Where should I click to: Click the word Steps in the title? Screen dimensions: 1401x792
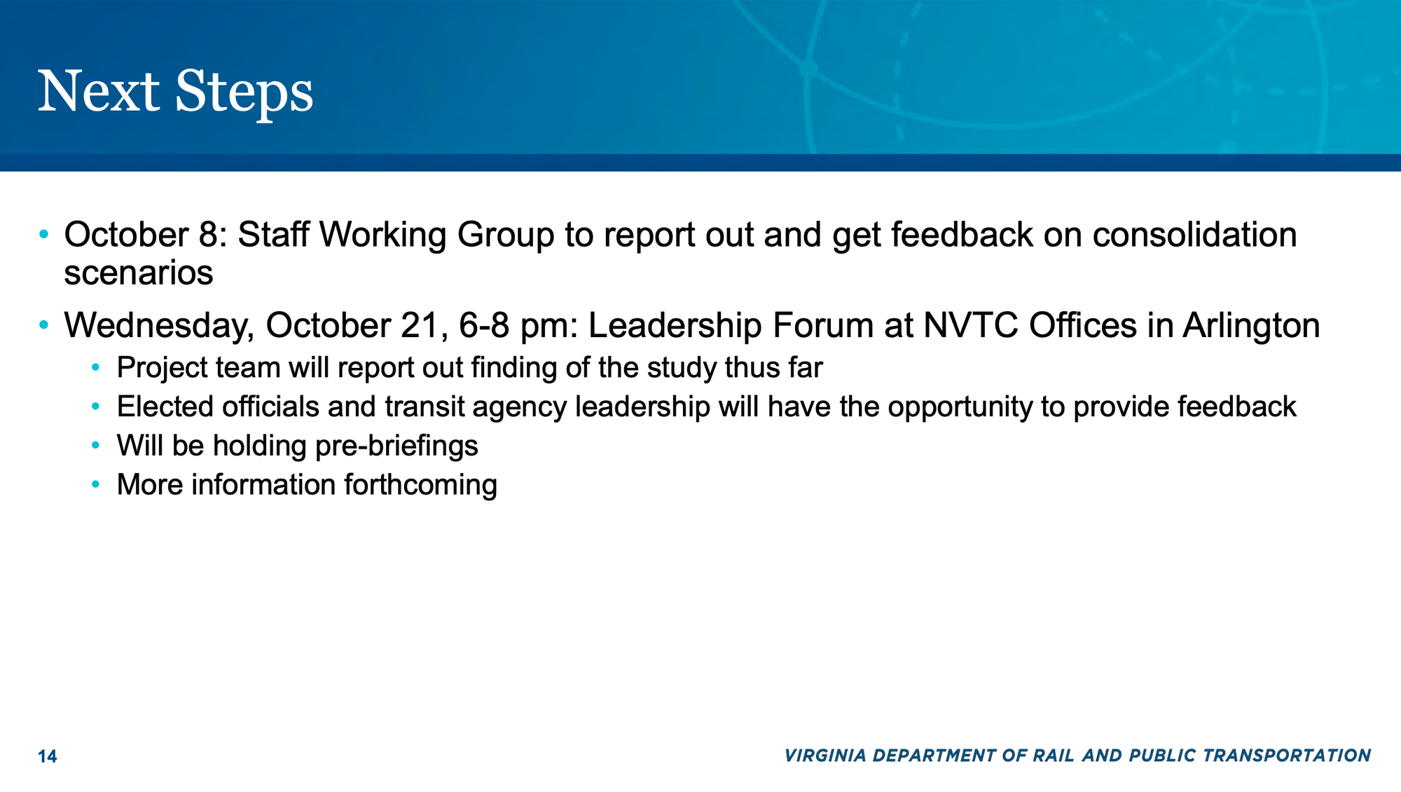click(244, 93)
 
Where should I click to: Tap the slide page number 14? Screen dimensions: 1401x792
click(48, 756)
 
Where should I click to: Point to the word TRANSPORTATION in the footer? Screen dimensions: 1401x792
click(1287, 756)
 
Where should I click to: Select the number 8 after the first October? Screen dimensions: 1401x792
click(209, 235)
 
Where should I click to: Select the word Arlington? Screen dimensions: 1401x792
click(1251, 327)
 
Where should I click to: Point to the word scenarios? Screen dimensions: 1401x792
click(139, 273)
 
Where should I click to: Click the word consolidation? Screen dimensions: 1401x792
click(1194, 235)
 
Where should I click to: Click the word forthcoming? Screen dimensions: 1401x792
click(420, 485)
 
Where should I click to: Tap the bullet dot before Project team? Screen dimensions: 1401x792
click(96, 367)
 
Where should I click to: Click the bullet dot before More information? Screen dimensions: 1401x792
click(96, 484)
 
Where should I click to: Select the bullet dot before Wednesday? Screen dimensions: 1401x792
click(44, 325)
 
